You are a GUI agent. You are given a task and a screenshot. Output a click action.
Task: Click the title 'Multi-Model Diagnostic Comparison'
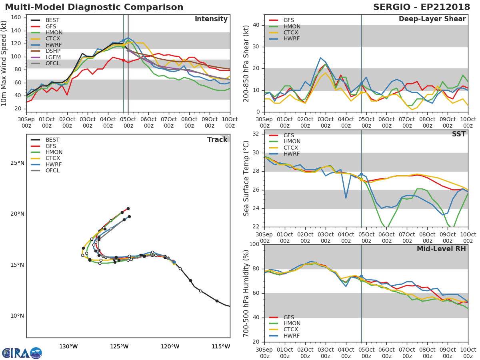94,7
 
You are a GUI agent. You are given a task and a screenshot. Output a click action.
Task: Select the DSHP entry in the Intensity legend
53,51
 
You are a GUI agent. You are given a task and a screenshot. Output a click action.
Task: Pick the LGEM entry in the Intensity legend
53,58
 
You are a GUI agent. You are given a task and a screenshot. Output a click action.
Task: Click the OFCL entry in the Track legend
53,171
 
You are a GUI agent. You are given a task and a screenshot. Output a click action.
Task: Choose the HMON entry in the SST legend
292,142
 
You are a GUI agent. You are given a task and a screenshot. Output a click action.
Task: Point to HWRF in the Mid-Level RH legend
291,336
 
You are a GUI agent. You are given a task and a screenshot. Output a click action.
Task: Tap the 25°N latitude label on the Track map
17,163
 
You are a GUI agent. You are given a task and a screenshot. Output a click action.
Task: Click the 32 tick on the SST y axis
256,134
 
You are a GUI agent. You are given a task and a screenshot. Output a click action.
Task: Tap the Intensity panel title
211,19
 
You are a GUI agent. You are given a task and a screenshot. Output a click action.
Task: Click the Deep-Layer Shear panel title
432,19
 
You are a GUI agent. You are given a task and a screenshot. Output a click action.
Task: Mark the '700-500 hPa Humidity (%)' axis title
246,293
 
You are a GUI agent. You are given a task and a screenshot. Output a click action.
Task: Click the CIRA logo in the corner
22,353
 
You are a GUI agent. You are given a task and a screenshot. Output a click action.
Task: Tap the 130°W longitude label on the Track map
68,346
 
